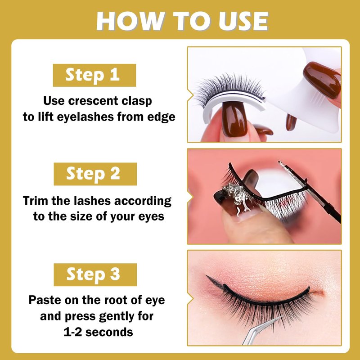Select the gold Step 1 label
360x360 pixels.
coord(94,75)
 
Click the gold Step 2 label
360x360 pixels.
coord(95,174)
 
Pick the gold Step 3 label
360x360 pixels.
coord(95,275)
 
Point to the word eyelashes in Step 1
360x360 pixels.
coord(85,117)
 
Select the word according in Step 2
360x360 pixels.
coord(143,201)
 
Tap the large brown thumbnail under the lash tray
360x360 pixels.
coord(234,119)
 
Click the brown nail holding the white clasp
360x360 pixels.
coord(322,80)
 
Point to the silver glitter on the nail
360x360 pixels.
coord(238,196)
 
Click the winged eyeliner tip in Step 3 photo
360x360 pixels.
coord(207,277)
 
